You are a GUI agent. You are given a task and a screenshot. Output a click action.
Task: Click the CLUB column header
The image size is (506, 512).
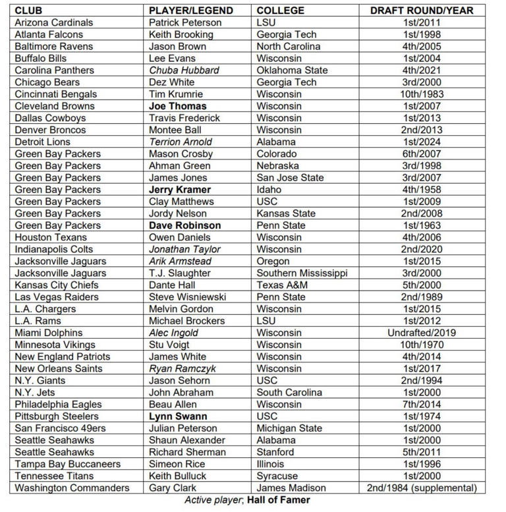click(x=29, y=11)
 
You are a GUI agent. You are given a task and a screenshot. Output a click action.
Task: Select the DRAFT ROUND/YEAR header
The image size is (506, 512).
click(x=422, y=11)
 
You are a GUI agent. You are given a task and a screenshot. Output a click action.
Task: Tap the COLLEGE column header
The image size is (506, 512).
click(x=281, y=11)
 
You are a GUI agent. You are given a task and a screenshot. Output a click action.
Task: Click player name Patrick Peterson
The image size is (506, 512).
click(x=185, y=22)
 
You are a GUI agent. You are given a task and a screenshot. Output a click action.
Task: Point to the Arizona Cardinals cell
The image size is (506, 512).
click(x=54, y=22)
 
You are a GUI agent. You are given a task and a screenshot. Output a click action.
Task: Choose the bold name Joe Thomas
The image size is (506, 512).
click(x=177, y=106)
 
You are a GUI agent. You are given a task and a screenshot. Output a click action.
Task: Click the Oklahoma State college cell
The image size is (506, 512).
click(x=292, y=71)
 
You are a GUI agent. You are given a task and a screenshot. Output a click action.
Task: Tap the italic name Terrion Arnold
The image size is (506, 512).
click(x=181, y=142)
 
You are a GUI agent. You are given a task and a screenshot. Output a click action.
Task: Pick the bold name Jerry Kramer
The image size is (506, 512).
click(x=180, y=190)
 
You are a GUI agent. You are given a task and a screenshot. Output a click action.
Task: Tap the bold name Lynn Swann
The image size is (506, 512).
click(x=178, y=416)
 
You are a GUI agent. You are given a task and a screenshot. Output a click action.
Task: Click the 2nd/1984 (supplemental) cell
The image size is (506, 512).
click(x=422, y=488)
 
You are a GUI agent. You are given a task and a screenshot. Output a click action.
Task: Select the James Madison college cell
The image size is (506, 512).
click(x=291, y=488)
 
